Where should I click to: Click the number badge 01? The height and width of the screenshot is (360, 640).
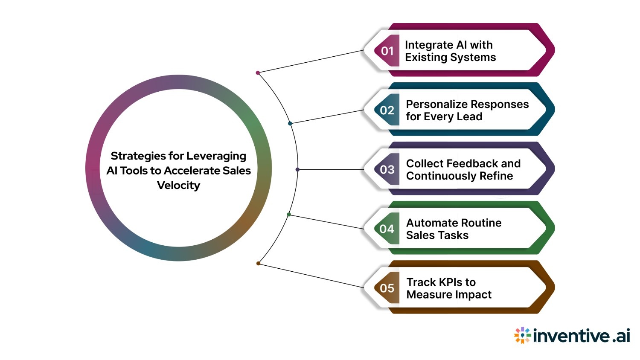(387, 51)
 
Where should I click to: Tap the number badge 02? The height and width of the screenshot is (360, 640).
(387, 110)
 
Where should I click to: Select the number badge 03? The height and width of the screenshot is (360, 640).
(387, 170)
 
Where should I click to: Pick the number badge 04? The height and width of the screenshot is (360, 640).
(387, 229)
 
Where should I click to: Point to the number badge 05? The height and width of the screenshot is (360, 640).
(387, 288)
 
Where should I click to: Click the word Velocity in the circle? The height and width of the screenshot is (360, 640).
(178, 186)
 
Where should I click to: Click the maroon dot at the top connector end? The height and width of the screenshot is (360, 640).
(258, 73)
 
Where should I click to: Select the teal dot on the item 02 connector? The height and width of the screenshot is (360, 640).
(290, 124)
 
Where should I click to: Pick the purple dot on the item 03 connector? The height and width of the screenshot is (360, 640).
(297, 170)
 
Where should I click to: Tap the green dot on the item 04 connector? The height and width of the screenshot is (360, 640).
(289, 215)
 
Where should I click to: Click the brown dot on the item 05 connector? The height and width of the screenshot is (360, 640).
(258, 264)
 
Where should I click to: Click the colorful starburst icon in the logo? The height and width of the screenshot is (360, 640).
(522, 336)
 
